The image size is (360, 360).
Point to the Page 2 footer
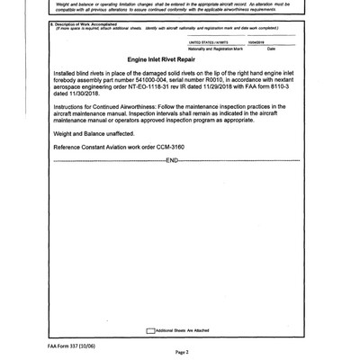pyautogui.click(x=180, y=352)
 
